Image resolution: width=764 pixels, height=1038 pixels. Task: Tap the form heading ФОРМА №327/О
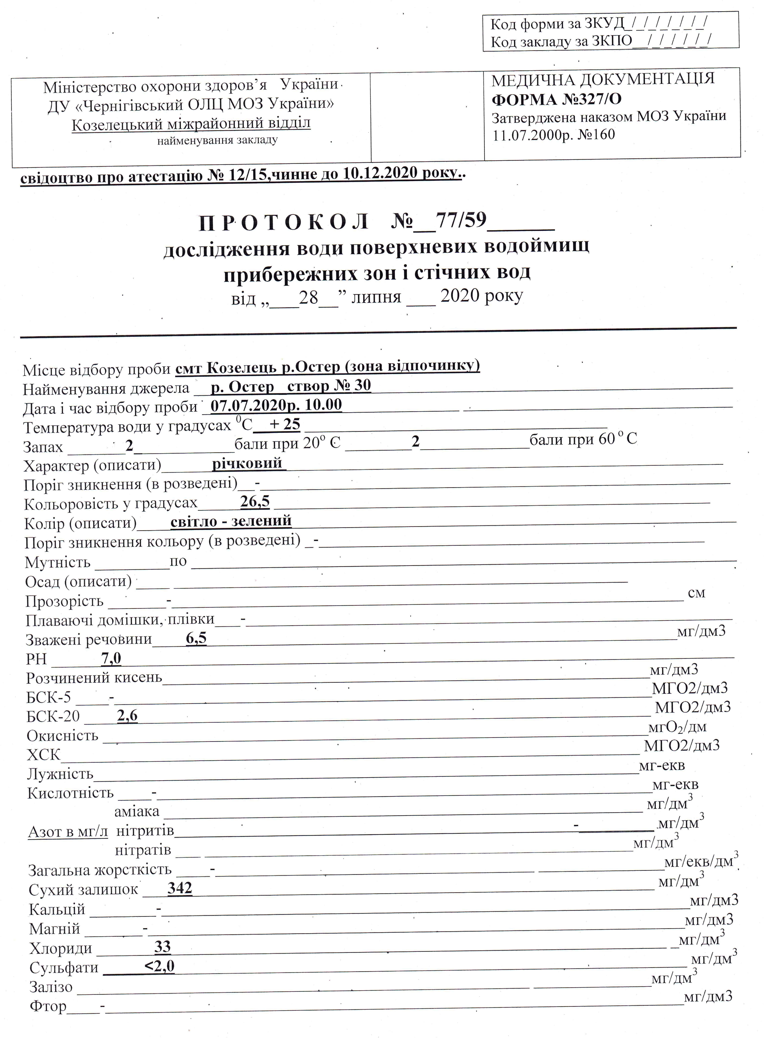556,99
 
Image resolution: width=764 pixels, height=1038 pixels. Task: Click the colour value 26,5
255,501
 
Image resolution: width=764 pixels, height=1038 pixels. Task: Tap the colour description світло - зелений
231,521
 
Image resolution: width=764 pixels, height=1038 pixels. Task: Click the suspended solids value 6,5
196,639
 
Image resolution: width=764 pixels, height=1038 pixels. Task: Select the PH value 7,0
111,658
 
